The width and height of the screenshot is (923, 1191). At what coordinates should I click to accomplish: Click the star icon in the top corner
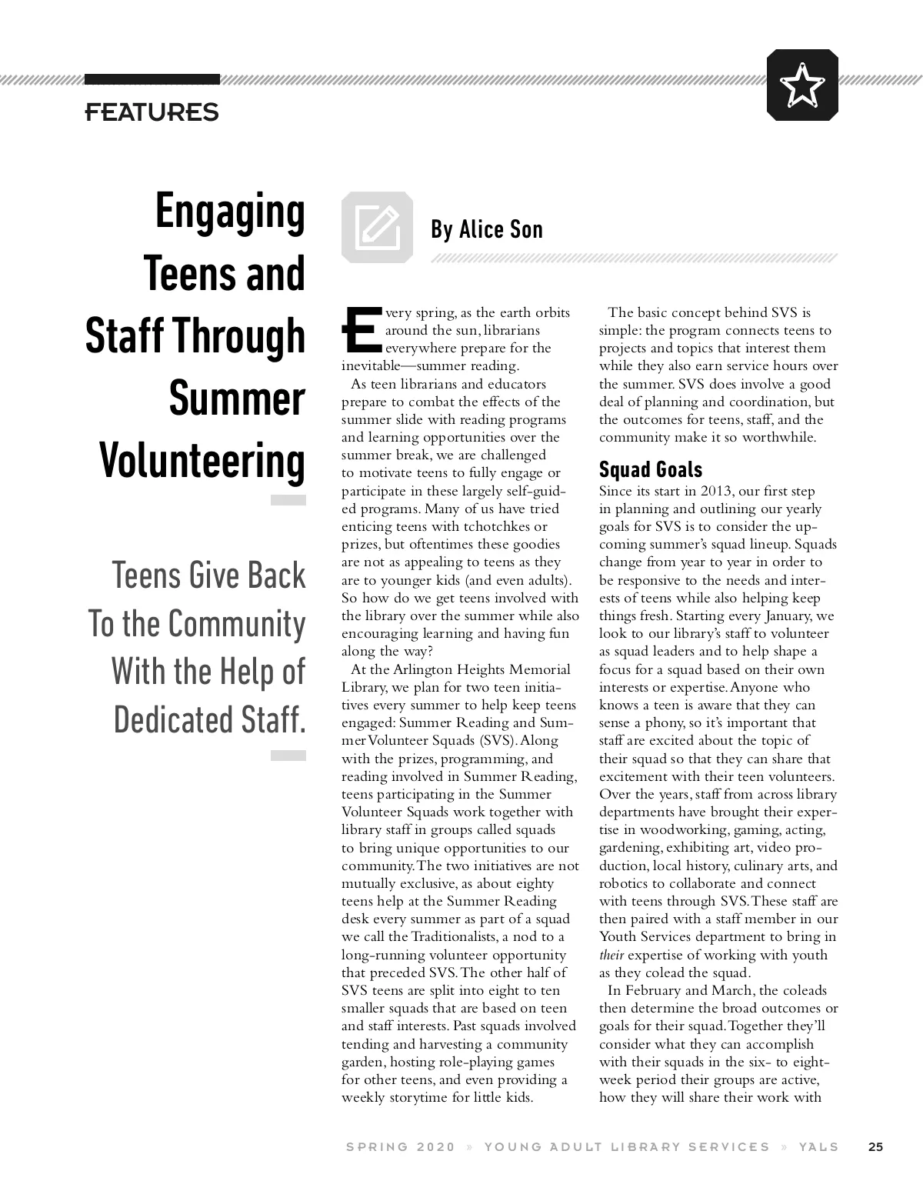pyautogui.click(x=802, y=85)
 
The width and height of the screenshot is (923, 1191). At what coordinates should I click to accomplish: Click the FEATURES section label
pyautogui.click(x=152, y=112)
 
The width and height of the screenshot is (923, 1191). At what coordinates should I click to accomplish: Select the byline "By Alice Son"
pyautogui.click(x=486, y=229)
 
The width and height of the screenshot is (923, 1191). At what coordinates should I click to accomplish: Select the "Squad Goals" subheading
pyautogui.click(x=650, y=469)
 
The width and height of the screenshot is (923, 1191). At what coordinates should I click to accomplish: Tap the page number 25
pyautogui.click(x=875, y=1146)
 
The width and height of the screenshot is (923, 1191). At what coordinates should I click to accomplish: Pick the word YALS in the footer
pyautogui.click(x=818, y=1146)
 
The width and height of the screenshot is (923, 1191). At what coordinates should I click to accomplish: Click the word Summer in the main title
pyautogui.click(x=237, y=399)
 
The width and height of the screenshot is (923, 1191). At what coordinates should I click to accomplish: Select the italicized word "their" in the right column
pyautogui.click(x=611, y=956)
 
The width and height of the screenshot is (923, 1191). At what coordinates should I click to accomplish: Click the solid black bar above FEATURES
pyautogui.click(x=152, y=79)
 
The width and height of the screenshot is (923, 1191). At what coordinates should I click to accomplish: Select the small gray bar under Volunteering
pyautogui.click(x=288, y=500)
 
